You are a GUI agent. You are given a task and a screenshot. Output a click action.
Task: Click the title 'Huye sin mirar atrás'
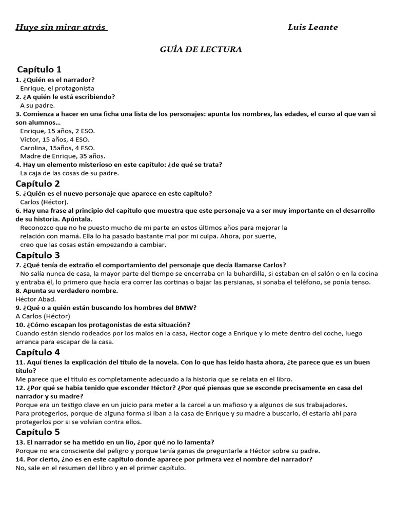(61, 27)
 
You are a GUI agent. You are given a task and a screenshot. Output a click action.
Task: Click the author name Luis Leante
(312, 27)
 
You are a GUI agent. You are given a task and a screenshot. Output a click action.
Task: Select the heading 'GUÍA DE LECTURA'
(202, 49)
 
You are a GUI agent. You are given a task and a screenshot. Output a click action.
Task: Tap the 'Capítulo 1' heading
(39, 69)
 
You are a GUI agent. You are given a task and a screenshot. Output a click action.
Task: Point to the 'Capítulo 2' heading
(38, 184)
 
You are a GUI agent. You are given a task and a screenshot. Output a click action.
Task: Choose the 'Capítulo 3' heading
(38, 255)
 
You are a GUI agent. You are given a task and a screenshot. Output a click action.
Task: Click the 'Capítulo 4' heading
(38, 352)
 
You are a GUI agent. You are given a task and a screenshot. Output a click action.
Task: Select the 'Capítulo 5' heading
(38, 432)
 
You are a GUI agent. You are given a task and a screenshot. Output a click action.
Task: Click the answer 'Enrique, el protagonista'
(53, 88)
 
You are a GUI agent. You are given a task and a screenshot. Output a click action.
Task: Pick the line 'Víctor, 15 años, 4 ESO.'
(54, 139)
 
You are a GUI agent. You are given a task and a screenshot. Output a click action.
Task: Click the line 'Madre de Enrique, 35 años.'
(63, 156)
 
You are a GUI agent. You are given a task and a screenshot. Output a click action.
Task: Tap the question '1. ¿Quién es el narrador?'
(55, 80)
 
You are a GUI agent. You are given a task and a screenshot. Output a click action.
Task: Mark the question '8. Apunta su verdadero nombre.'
(67, 291)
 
